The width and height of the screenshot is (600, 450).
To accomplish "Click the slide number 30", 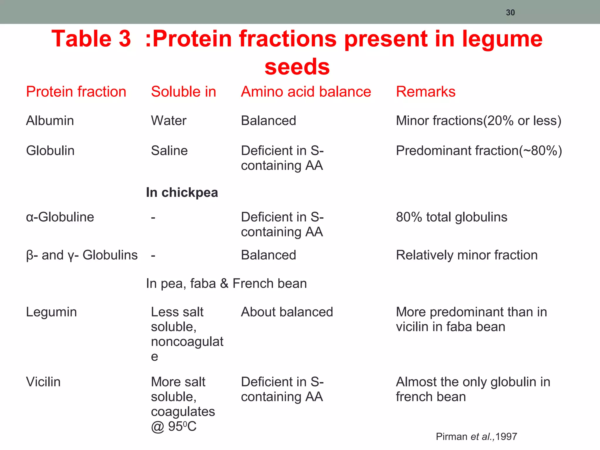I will coord(510,13).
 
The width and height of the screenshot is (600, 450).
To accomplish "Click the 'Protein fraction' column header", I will coord(76,92).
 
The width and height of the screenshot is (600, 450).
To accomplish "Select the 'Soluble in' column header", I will coord(183,92).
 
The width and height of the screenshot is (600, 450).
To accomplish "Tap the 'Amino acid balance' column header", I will coord(306,92).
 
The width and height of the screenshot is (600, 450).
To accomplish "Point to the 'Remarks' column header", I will coord(425,92).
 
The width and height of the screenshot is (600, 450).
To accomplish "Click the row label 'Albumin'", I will coord(50,121).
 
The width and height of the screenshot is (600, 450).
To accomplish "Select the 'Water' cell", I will coord(168,121).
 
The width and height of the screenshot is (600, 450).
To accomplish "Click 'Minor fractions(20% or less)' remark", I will coord(478,121).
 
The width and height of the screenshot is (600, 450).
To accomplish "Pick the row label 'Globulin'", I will coord(50,151).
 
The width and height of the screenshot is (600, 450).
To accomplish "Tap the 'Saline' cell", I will coord(169,151).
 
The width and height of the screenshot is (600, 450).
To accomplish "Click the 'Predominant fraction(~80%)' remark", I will coord(479,151).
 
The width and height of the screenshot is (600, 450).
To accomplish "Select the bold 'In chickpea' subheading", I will coord(182,192).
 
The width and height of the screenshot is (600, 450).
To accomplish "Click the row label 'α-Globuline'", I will coord(60,217).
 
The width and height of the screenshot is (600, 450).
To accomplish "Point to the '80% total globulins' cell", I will coord(451,217).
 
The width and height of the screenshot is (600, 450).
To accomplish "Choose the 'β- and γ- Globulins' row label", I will coord(82,255).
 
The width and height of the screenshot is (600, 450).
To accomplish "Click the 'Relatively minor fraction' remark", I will coord(467,255).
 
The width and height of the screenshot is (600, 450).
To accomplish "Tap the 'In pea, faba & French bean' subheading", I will coord(226,284).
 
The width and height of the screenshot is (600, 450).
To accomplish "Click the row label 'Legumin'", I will coord(51,312).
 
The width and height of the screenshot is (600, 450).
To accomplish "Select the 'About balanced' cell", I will coord(287,312).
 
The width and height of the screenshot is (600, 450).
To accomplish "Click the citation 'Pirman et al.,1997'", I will coord(476,437).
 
